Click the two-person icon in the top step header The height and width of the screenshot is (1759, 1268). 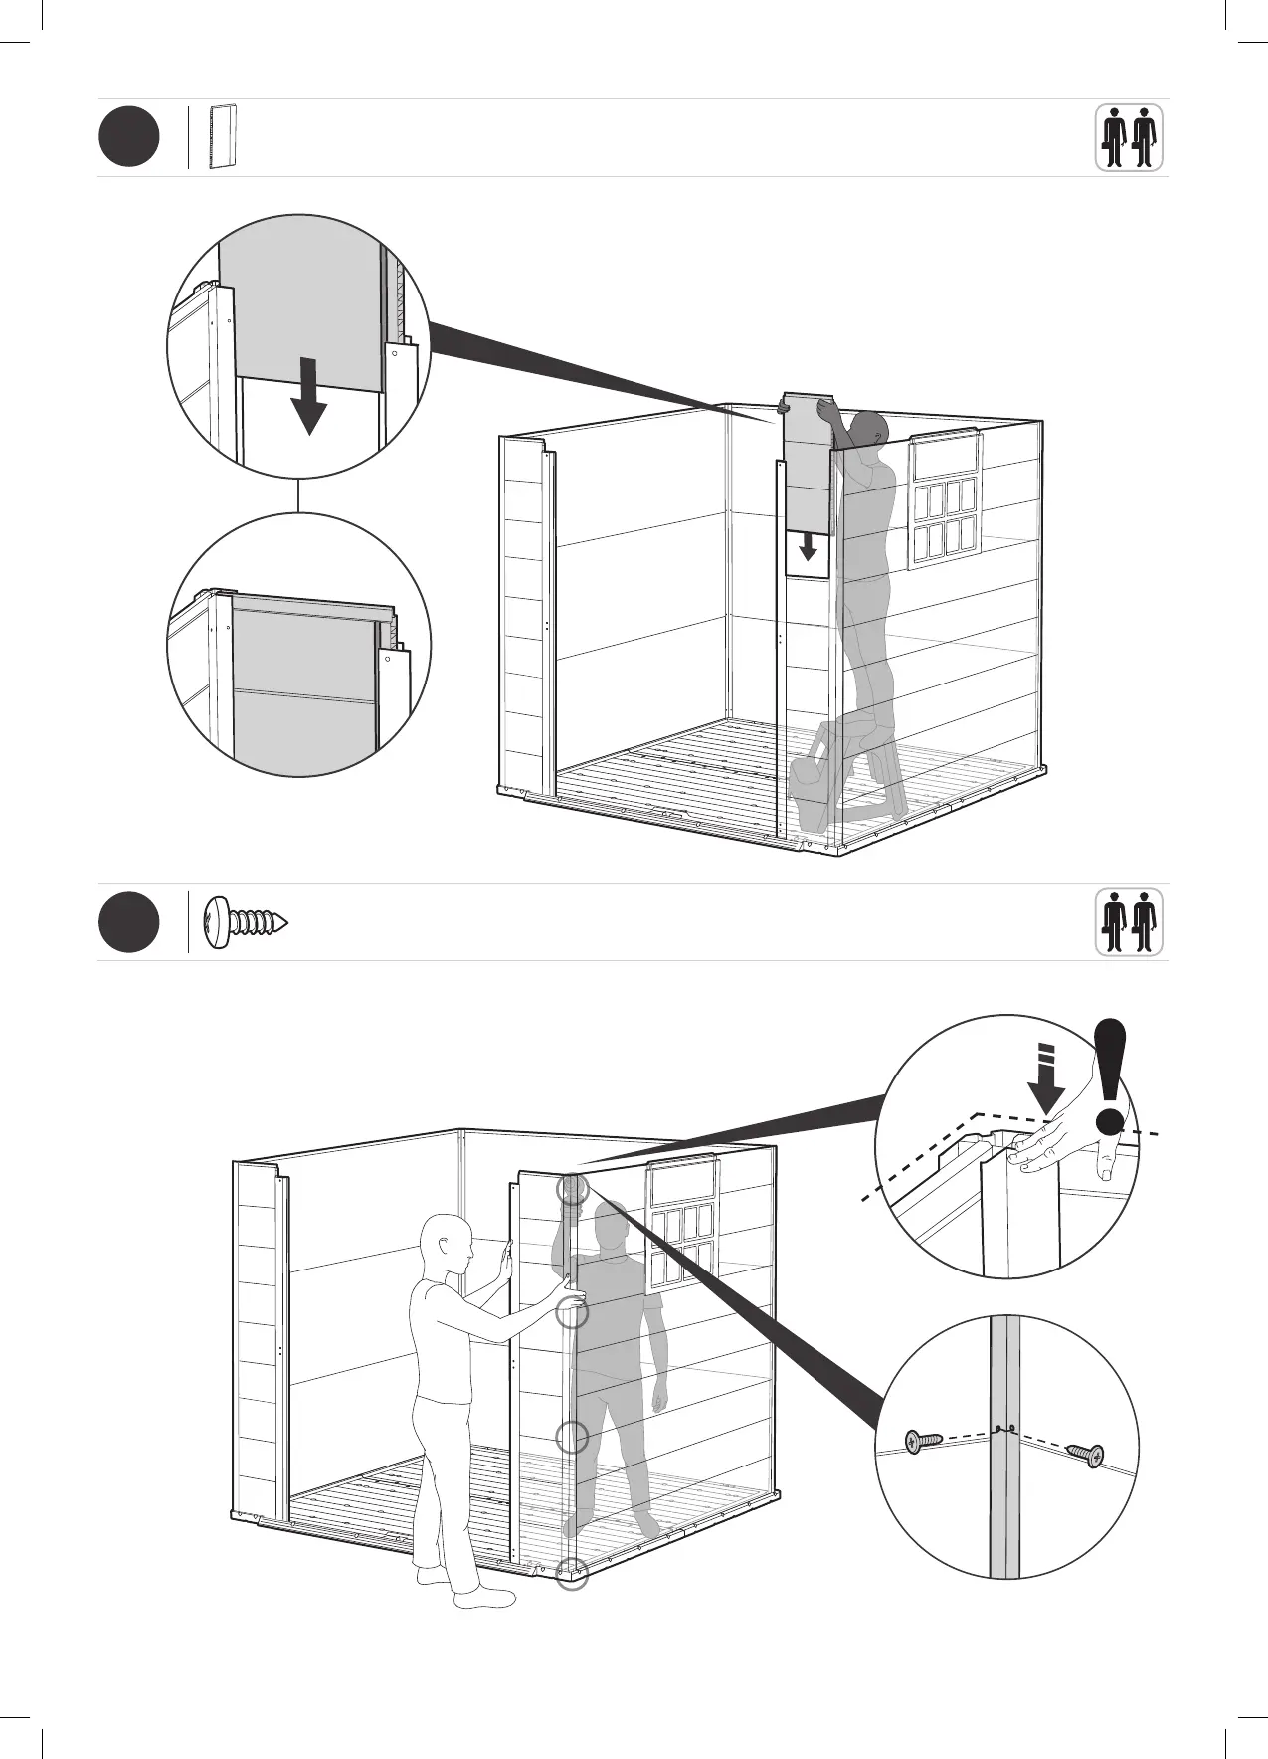(x=1129, y=138)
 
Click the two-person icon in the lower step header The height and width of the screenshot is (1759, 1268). (x=1129, y=922)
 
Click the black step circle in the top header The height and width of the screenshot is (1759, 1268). (x=128, y=137)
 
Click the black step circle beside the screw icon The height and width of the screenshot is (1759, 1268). (x=128, y=922)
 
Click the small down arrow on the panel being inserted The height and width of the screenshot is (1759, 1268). (x=808, y=546)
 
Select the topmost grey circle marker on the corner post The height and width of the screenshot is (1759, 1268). (x=573, y=1189)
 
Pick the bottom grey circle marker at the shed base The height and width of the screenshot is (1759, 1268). (x=572, y=1573)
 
